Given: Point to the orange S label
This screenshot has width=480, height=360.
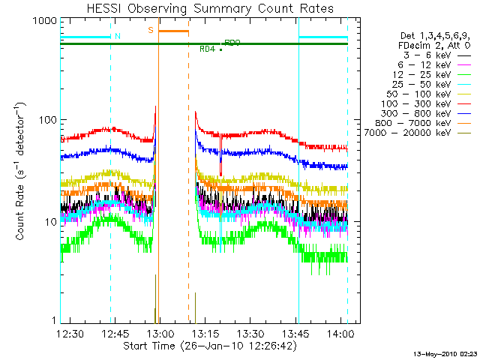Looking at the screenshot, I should point(151,30).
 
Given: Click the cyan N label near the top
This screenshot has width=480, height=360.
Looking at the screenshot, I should point(115,36).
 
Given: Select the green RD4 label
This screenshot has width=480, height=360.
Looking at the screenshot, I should point(208,49).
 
